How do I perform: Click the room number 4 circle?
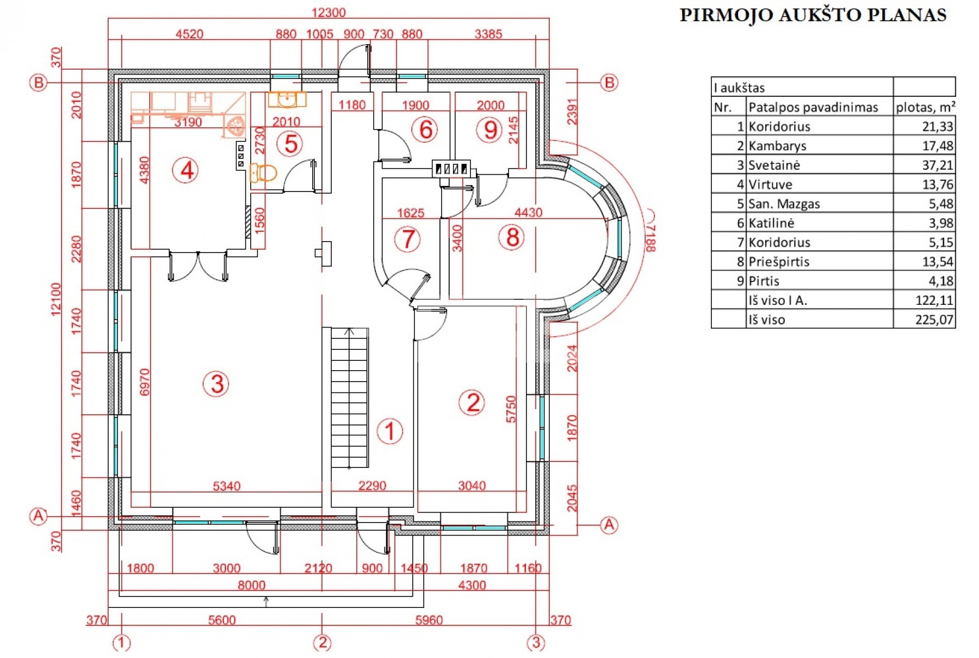pos(186,170)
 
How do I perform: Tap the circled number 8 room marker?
pos(512,238)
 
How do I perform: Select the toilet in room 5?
pos(263,173)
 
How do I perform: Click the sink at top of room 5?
pos(287,100)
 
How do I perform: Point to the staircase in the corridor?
pos(350,397)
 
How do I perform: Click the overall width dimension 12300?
pos(329,12)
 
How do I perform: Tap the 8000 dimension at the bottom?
pos(251,585)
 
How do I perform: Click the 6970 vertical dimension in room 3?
pos(144,383)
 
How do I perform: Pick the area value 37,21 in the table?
pos(937,165)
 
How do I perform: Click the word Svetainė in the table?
pos(774,165)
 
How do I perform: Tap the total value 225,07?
pos(934,319)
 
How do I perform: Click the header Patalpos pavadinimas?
pos(813,107)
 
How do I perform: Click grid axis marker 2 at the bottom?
pos(322,643)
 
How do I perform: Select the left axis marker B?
pos(38,83)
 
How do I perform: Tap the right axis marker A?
pos(609,525)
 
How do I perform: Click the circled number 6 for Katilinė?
pos(425,130)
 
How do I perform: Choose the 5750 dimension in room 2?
pos(511,409)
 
